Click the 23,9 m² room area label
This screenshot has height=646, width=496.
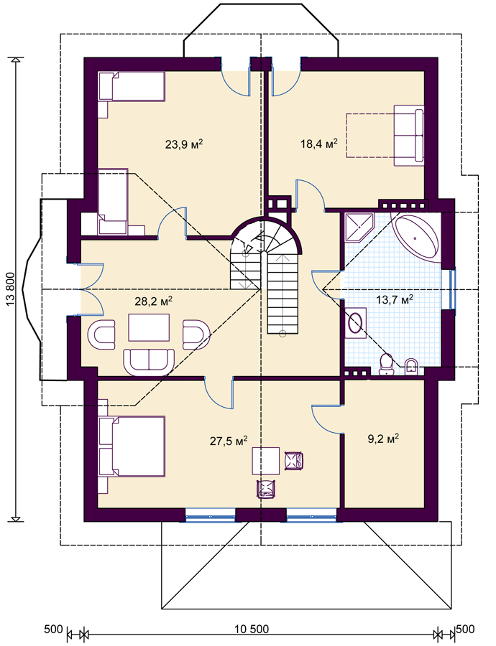[x=183, y=144]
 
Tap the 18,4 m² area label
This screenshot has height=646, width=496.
[x=319, y=144]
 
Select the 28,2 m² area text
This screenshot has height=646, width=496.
[x=154, y=301]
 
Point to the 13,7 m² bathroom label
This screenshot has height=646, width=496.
[x=395, y=299]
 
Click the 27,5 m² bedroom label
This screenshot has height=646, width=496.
[x=229, y=441]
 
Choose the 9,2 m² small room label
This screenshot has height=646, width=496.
[x=383, y=439]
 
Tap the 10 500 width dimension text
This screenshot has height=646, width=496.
[x=252, y=629]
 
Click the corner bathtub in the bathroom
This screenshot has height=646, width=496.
[x=416, y=238]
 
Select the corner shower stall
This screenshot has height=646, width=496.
[x=359, y=228]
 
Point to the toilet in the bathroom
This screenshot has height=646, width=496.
[x=386, y=364]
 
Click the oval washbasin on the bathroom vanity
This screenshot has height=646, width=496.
[x=355, y=322]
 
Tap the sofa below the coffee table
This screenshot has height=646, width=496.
[x=149, y=362]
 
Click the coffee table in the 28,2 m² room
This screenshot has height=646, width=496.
[x=149, y=327]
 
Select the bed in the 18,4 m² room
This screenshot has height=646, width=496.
[x=408, y=136]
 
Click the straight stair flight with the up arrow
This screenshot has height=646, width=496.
[x=283, y=293]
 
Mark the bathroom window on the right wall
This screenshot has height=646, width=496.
[x=452, y=289]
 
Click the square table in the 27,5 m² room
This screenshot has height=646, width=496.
[x=266, y=461]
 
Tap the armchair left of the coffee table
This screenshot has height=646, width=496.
[x=101, y=334]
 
